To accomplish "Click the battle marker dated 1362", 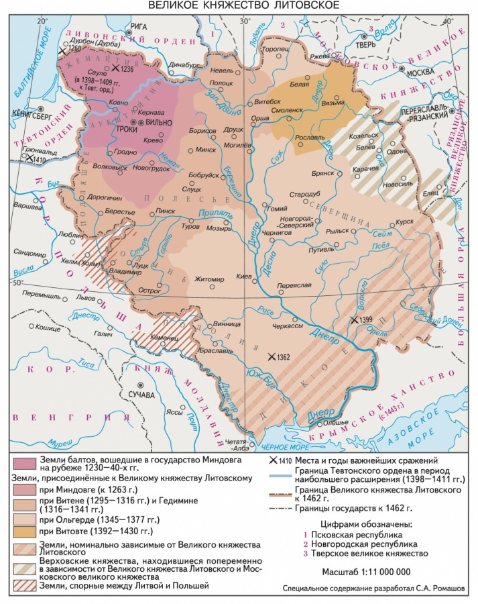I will [x=272, y=357].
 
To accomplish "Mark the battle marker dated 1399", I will [x=353, y=320].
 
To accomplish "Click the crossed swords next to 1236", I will [x=115, y=68].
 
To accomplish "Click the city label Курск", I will [x=404, y=220].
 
